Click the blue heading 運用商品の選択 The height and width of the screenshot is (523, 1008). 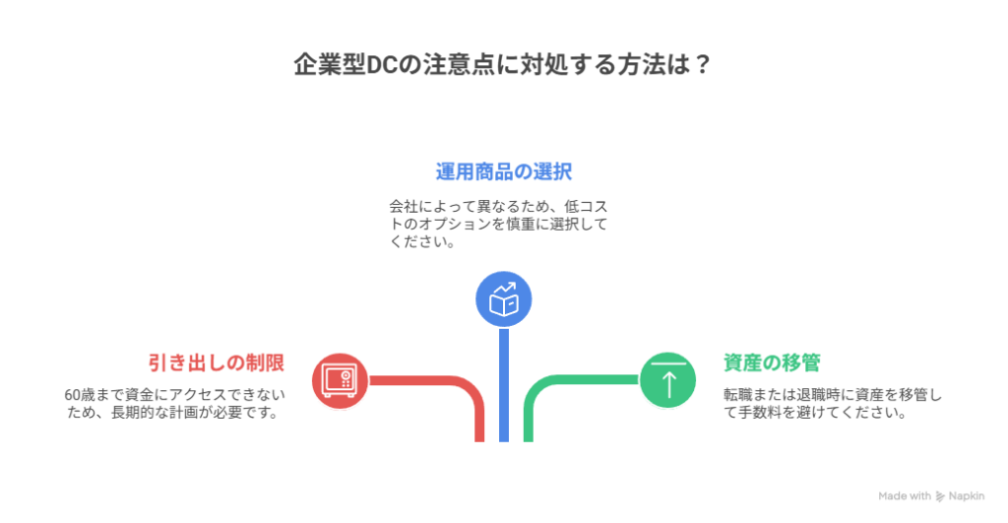tap(504, 171)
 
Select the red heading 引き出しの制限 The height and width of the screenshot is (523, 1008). tap(217, 362)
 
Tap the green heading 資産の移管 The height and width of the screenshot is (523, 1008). tap(772, 362)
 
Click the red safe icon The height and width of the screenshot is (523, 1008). tap(340, 379)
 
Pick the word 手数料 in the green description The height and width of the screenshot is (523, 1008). tap(757, 414)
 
